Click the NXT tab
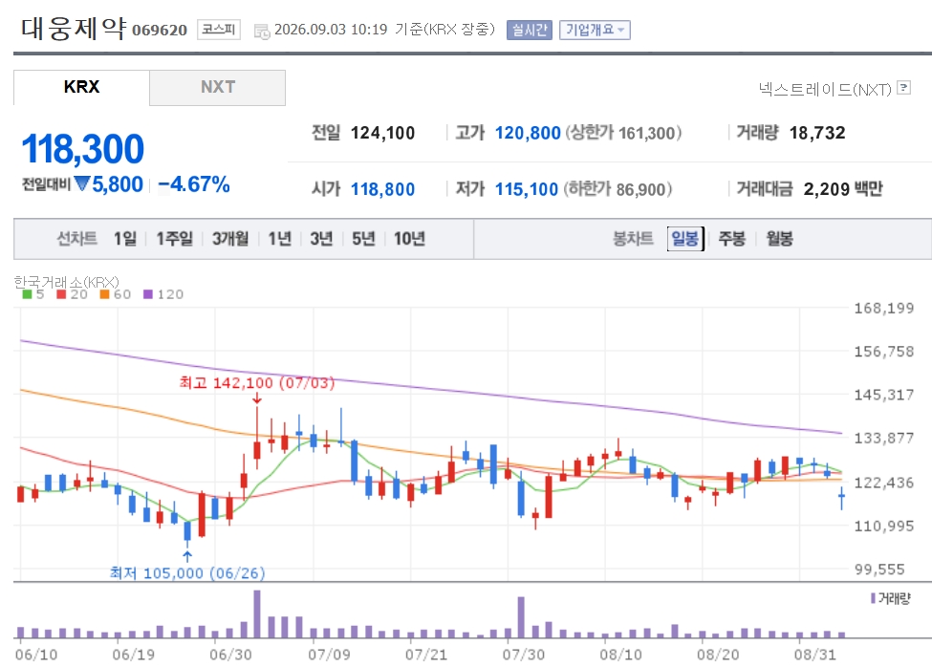tap(218, 87)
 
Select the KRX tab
tap(81, 87)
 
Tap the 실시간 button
tap(529, 30)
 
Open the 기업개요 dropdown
tap(595, 30)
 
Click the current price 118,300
tap(82, 148)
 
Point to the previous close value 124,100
tap(382, 133)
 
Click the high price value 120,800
tap(528, 133)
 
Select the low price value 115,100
tap(527, 189)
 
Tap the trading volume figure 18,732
tap(817, 133)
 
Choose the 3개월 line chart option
tap(230, 239)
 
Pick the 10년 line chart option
tap(409, 239)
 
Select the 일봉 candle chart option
tap(685, 239)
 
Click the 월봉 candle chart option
tap(779, 239)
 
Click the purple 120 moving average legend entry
tap(163, 294)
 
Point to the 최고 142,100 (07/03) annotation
tap(257, 382)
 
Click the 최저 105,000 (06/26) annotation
tap(187, 573)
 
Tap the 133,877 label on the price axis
tap(884, 439)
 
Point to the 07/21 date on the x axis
tap(426, 655)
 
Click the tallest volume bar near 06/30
tap(257, 614)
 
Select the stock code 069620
tap(160, 30)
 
